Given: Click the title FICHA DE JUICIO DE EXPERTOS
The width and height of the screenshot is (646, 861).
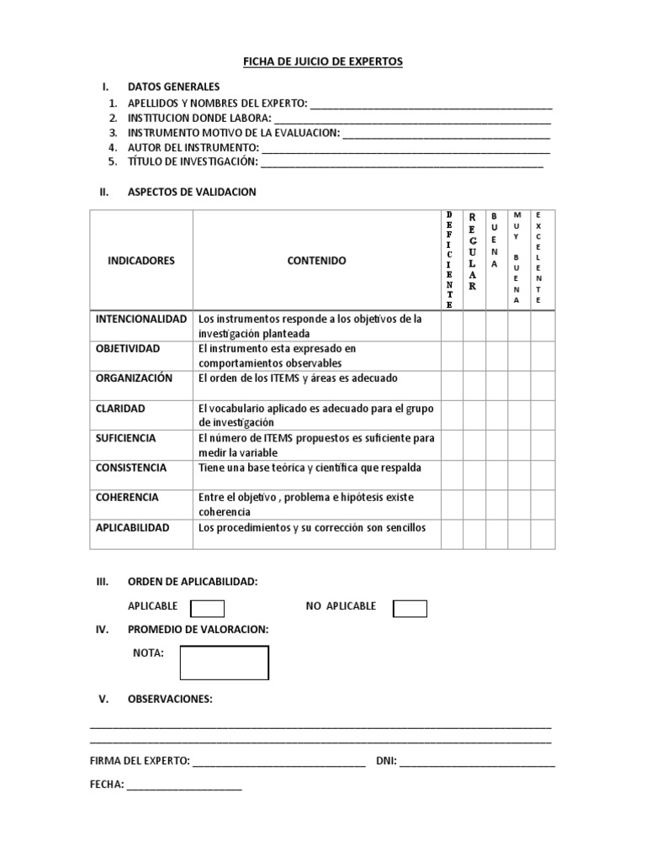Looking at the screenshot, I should [x=323, y=61].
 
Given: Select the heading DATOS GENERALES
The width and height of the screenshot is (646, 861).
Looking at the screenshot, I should [x=173, y=87].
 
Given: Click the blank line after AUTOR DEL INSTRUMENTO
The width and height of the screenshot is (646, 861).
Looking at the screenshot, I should [x=406, y=148].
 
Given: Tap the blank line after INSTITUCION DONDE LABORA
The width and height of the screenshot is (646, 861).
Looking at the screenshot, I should [x=413, y=118].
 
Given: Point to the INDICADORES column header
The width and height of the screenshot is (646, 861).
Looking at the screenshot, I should [x=141, y=261].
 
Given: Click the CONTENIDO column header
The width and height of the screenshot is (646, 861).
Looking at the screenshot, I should [x=316, y=261].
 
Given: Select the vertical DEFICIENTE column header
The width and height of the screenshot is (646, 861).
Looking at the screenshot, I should [x=451, y=261].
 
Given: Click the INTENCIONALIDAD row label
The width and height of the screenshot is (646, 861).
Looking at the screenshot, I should [x=141, y=320].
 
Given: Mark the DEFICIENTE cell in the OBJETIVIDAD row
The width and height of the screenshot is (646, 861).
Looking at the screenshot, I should [x=451, y=356].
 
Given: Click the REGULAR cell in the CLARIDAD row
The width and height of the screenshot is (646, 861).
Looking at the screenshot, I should [x=474, y=415].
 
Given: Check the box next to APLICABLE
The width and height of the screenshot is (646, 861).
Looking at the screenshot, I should [x=207, y=608].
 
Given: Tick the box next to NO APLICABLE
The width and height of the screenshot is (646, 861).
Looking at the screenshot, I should [x=410, y=608].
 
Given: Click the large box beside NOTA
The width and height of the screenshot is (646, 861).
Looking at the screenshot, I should [x=225, y=663].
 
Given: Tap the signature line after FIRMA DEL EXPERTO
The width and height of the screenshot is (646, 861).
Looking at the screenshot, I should [x=278, y=763].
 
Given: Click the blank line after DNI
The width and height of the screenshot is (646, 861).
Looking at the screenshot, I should [x=478, y=763].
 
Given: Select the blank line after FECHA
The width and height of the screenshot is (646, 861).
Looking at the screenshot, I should [x=184, y=785].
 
